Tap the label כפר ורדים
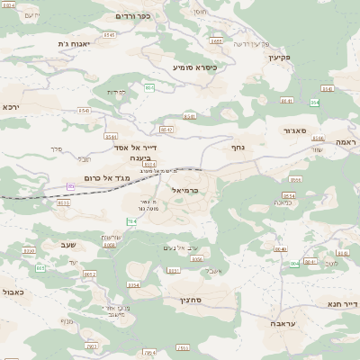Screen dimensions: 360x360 pos(132,15)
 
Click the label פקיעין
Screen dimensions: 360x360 pos(281,56)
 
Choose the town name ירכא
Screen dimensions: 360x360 pos(11,106)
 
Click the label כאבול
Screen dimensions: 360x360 pos(13,292)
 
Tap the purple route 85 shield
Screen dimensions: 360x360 pos(70,186)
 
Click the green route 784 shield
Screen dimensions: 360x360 pos(131,221)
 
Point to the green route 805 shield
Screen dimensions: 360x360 pos(40,268)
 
